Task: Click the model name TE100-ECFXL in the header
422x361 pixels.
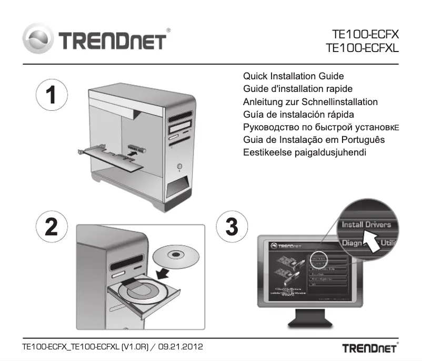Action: pos(362,48)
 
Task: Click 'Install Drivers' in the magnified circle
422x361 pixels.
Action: pos(366,224)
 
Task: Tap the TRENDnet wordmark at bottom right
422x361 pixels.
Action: pos(370,348)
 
